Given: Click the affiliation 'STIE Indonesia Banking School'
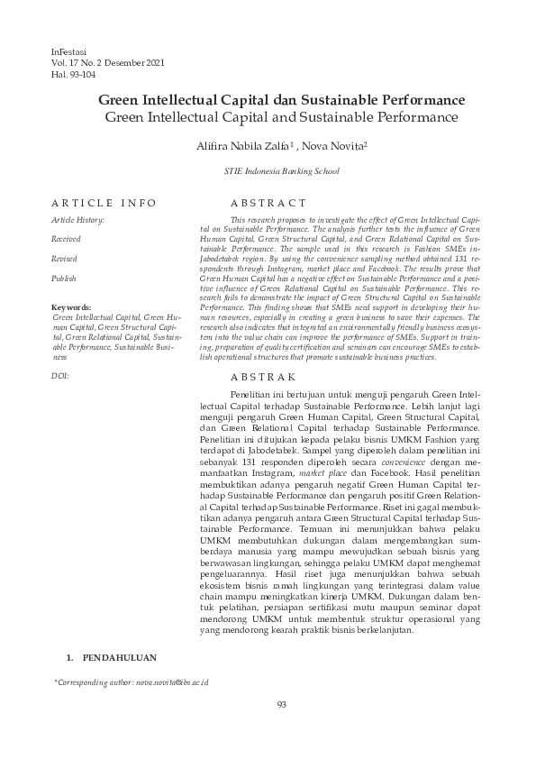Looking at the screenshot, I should pos(281,170).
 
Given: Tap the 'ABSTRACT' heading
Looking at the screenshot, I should pos(268,203).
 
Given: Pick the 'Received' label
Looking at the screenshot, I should pos(66,239).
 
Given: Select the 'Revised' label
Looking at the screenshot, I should pos(64,259).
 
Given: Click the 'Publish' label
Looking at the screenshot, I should pos(63,279).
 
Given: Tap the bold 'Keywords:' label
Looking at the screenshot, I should pos(71,307).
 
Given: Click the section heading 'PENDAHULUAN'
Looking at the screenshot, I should pos(118,658).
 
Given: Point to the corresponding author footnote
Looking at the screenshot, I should pos(132,683).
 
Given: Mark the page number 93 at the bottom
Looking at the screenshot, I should pos(281,705).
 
